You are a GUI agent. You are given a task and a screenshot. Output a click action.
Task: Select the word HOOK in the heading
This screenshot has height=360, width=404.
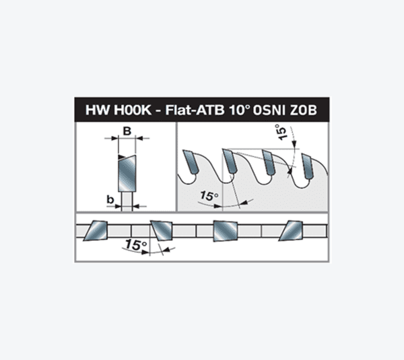pos(133,110)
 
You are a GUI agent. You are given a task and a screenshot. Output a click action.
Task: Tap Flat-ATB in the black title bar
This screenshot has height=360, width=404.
pos(195,110)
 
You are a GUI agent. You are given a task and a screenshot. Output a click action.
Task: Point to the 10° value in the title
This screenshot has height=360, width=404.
pos(239,110)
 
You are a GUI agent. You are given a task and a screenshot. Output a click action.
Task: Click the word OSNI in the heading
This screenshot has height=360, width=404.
pos(269,110)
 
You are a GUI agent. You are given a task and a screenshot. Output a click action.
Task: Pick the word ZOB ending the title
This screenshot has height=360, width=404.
pos(303,110)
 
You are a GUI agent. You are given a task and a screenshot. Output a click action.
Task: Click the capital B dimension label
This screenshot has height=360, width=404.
pos(127,131)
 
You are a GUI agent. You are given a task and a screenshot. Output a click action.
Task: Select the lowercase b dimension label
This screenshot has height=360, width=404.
pos(110,199)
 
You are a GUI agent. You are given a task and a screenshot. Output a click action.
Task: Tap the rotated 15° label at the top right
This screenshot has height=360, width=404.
pos(281,132)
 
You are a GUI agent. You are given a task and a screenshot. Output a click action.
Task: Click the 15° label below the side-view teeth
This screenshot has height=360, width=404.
pos(209,196)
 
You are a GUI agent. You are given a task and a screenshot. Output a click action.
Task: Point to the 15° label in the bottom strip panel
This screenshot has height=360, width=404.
pos(136,244)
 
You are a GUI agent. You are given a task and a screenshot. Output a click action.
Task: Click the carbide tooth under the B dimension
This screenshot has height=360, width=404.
pos(127,174)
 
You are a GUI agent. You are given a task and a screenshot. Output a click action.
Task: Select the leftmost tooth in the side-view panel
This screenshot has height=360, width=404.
pos(190,161)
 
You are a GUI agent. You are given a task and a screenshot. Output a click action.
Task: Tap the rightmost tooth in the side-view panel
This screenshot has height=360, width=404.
pos(308,166)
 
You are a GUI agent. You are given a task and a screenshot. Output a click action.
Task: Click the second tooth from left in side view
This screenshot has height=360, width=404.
pos(230,161)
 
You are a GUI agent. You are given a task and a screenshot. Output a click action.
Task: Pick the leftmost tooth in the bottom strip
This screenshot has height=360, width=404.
pos(96,231)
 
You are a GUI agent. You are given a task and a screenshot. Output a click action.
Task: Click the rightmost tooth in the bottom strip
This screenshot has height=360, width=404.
pos(291,231)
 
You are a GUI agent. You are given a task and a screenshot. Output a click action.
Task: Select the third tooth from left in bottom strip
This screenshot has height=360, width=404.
pos(226,231)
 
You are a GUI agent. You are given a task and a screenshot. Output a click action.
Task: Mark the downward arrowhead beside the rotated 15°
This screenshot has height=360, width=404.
pos(294,144)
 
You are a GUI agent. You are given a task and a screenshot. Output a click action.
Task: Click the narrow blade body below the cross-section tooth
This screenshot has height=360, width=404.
pos(127,201)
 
